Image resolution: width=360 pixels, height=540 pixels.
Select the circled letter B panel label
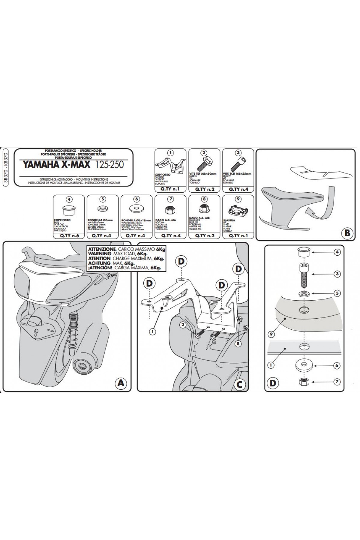click(347, 233)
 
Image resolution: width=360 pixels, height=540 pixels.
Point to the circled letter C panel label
click(239, 384)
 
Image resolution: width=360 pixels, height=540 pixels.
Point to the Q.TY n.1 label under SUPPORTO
click(170, 189)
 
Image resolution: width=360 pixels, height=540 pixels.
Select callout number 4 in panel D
click(337, 252)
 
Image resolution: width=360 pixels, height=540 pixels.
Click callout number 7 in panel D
click(337, 382)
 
